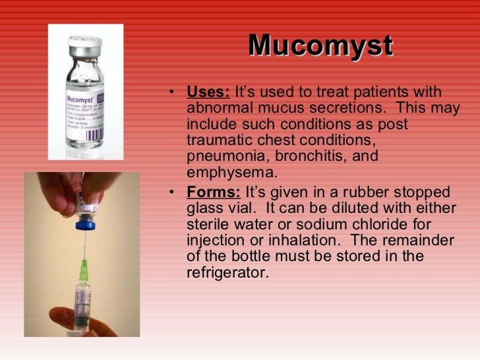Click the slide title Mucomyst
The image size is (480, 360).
point(320,46)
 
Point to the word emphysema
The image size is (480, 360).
point(230,173)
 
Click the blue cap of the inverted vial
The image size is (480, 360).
point(85,224)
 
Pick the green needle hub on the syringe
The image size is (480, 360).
point(84,270)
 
